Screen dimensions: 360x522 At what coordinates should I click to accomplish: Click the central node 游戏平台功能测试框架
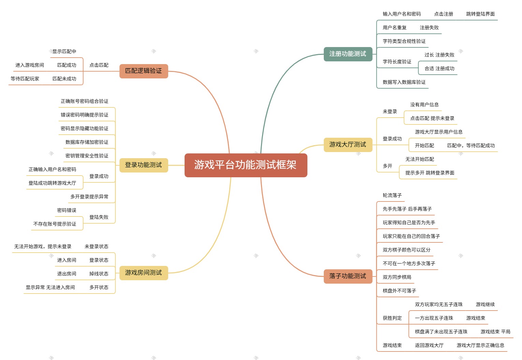[x=246, y=165]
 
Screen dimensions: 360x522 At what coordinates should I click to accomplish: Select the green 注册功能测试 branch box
[x=348, y=54]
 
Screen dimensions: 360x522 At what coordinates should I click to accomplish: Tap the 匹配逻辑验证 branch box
[x=143, y=71]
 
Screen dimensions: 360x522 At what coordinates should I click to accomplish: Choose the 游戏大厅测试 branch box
[x=348, y=145]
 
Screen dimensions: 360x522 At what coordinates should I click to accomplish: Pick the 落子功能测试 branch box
[x=348, y=276]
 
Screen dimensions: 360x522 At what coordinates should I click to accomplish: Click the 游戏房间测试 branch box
[x=143, y=273]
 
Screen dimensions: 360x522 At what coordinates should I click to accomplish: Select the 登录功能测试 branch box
[x=143, y=165]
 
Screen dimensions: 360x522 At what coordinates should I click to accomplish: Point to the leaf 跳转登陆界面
[x=480, y=14]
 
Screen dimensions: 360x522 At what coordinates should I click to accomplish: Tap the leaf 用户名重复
[x=394, y=28]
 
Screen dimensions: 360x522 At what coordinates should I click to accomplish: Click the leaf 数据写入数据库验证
[x=404, y=82]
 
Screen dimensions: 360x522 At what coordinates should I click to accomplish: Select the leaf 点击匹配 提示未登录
[x=432, y=118]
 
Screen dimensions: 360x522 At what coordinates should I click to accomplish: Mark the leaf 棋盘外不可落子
[x=399, y=291]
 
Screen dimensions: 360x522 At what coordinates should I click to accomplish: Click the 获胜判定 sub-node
[x=392, y=318]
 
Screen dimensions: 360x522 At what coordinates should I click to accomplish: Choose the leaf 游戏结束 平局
[x=495, y=332]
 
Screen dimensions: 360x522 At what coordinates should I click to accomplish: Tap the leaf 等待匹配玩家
[x=25, y=79]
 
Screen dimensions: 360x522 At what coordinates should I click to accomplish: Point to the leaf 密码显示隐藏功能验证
[x=84, y=129]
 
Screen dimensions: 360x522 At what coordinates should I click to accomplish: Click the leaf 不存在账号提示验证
[x=55, y=224]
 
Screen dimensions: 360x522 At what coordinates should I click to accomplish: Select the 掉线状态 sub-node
[x=99, y=274]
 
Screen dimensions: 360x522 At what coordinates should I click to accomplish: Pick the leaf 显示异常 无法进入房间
[x=50, y=287]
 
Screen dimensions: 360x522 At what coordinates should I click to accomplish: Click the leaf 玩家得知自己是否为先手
[x=409, y=223]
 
